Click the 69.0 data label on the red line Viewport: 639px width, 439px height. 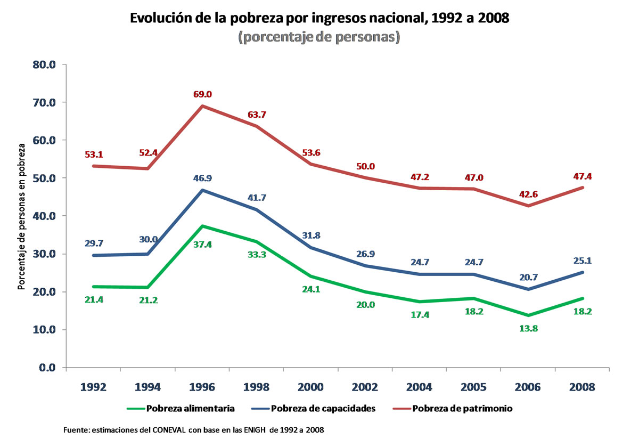pyautogui.click(x=202, y=94)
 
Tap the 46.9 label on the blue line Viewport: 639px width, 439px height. pyautogui.click(x=202, y=178)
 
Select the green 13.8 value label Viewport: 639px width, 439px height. pyautogui.click(x=528, y=328)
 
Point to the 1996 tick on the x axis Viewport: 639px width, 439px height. pyautogui.click(x=202, y=386)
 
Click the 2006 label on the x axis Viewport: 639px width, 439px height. pyautogui.click(x=528, y=386)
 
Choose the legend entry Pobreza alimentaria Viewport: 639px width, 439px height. pyautogui.click(x=181, y=409)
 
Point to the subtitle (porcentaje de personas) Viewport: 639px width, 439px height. pyautogui.click(x=319, y=38)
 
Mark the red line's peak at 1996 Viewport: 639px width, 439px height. pyautogui.click(x=202, y=106)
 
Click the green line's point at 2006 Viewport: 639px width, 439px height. pyautogui.click(x=528, y=315)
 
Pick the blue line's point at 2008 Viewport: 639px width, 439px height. pyautogui.click(x=582, y=272)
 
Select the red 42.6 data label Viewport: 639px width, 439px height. pyautogui.click(x=528, y=194)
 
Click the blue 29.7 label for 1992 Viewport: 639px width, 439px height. pyautogui.click(x=94, y=243)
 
